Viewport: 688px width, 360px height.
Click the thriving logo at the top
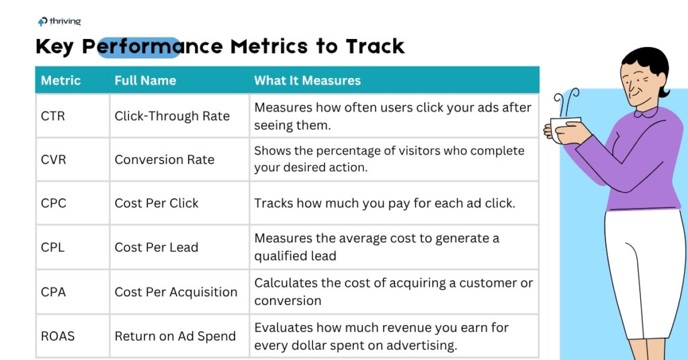pyautogui.click(x=59, y=21)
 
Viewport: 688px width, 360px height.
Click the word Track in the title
pyautogui.click(x=375, y=46)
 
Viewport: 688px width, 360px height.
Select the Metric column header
pyautogui.click(x=60, y=80)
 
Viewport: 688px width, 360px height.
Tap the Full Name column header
pyautogui.click(x=145, y=80)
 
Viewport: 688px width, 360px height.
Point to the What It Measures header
pyautogui.click(x=307, y=80)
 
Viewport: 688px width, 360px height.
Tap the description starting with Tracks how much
pyautogui.click(x=385, y=203)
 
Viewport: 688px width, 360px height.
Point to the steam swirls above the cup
pyautogui.click(x=566, y=103)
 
